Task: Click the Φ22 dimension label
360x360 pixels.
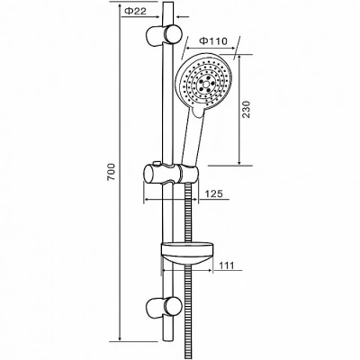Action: coord(135,11)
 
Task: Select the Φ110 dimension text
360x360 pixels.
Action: coord(214,40)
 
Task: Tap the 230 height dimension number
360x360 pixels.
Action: coord(246,109)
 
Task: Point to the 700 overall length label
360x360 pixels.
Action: coord(112,172)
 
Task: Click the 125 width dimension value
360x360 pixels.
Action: coord(214,193)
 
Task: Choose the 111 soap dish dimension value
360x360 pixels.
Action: coord(226,265)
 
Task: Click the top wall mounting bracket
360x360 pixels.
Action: coord(164,36)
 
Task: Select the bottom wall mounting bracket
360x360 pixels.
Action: coord(164,309)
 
